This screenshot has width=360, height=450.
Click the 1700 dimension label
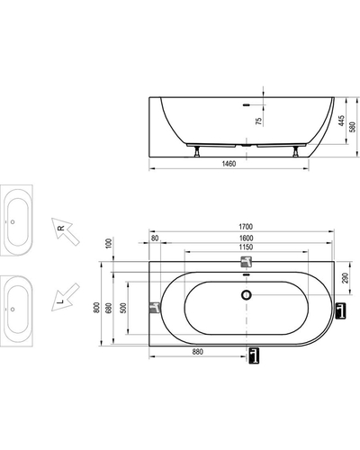point(246,227)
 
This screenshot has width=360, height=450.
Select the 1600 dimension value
point(246,238)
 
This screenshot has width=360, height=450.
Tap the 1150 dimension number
point(246,247)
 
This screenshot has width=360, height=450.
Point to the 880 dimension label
point(198,352)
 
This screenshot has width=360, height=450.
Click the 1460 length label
point(229,164)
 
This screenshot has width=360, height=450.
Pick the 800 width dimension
point(96,308)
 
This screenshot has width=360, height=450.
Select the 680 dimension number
point(109,308)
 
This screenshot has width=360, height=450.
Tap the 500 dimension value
point(123,308)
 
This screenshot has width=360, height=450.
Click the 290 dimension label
point(345,278)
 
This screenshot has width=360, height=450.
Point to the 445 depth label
point(342,121)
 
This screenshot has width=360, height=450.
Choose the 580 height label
point(353,127)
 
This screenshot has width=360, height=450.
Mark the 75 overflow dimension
point(258,121)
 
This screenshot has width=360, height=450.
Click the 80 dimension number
point(155,238)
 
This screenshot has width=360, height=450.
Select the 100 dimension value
point(109,243)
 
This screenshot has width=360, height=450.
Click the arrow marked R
point(65,231)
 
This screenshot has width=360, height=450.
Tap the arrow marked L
point(65,297)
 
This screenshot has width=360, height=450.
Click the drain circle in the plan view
point(247,295)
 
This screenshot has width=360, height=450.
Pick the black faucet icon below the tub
point(254,355)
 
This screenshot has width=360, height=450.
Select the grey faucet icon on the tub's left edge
point(155,308)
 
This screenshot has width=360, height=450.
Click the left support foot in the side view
point(197,151)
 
